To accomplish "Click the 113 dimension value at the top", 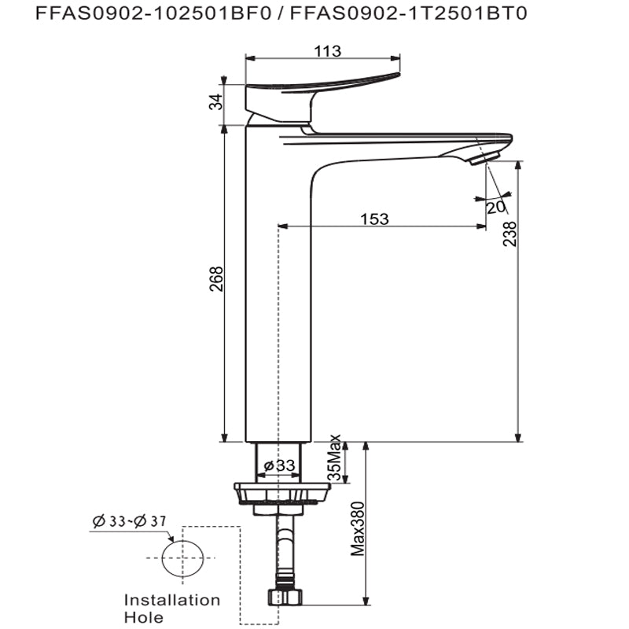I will tap(327, 51).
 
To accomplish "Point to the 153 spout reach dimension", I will tap(374, 219).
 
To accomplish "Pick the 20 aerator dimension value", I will tap(495, 208).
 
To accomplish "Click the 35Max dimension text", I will tap(335, 458).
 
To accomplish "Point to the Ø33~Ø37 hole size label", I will tap(130, 521).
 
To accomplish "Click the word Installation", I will tap(172, 600).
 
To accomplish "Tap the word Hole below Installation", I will tap(144, 617).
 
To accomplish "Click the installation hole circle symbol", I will tap(182, 558).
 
